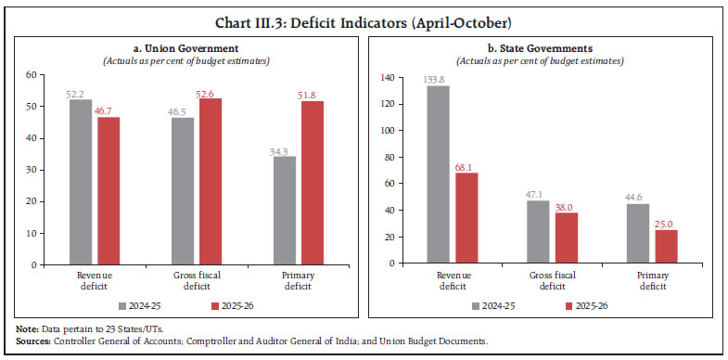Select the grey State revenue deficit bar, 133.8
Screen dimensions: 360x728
point(439,174)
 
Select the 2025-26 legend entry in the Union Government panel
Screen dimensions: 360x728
point(234,304)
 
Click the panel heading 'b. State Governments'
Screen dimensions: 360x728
point(544,47)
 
